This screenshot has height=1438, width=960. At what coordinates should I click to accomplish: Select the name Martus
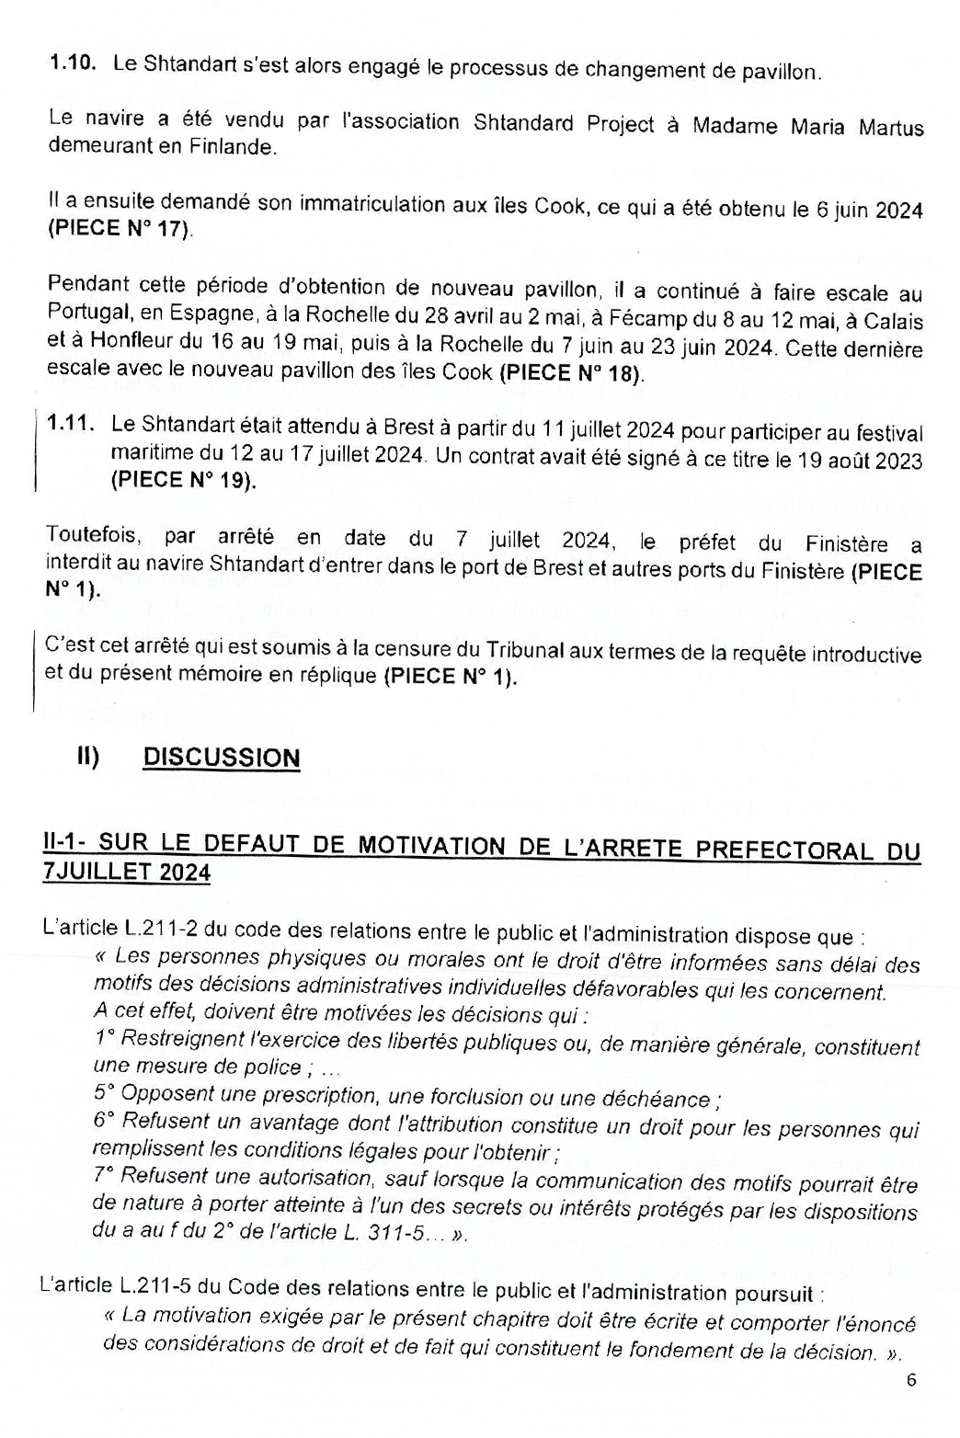point(891,127)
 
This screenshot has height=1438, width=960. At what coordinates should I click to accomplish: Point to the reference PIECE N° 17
point(120,229)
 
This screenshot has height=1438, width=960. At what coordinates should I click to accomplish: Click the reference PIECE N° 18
point(572,373)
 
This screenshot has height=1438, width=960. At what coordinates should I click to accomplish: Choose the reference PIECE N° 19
point(183,480)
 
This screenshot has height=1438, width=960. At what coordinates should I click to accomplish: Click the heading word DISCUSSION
point(222,758)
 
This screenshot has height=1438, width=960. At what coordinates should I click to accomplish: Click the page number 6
point(911,1380)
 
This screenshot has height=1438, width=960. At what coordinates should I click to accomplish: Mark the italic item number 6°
point(105,1122)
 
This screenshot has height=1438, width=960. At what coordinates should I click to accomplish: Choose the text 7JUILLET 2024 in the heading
point(126,872)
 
